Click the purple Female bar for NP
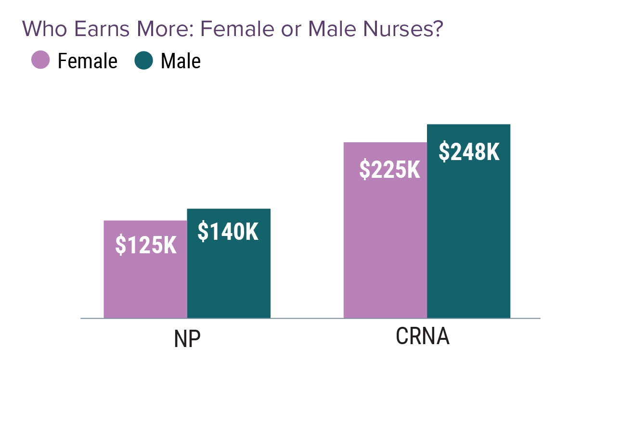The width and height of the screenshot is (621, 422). click(145, 284)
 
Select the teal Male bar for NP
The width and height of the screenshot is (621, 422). click(229, 279)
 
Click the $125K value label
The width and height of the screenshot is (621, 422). click(146, 245)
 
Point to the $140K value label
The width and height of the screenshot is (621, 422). click(228, 232)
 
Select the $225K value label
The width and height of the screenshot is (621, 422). click(390, 170)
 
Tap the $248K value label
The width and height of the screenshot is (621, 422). click(469, 152)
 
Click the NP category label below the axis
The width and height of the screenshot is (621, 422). click(187, 339)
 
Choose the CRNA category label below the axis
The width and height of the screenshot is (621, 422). click(423, 336)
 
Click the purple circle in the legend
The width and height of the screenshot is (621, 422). click(40, 61)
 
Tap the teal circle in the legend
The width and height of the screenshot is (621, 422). click(144, 61)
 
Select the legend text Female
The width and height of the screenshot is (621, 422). click(87, 62)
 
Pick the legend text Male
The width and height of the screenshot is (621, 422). click(181, 62)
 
